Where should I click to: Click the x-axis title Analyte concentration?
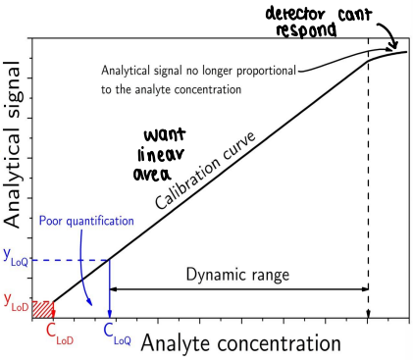click(241, 343)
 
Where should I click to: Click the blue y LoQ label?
click(17, 258)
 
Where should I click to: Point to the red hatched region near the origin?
click(41, 309)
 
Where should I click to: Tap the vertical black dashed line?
click(368, 196)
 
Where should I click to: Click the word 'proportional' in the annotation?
click(266, 71)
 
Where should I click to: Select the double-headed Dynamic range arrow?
click(238, 289)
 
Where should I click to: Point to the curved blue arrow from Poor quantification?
click(88, 275)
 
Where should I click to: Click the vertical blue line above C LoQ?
click(109, 289)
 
